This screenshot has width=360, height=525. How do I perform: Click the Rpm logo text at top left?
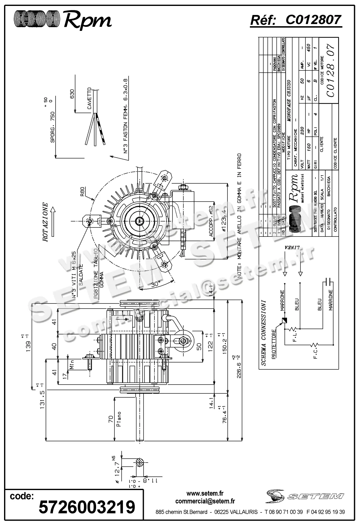[x=87, y=20]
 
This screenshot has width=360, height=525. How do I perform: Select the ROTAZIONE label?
[x=46, y=222]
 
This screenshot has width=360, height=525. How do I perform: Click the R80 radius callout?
[x=82, y=191]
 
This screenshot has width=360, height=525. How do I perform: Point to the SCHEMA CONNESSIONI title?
[x=264, y=333]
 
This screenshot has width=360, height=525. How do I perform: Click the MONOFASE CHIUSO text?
[x=289, y=100]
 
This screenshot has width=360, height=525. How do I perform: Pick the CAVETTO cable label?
[x=90, y=98]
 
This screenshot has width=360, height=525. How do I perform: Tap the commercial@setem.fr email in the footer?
[x=205, y=501]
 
